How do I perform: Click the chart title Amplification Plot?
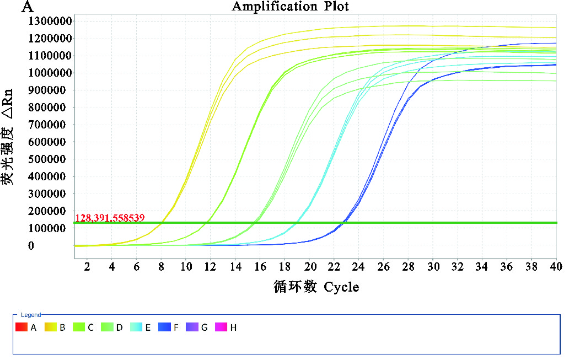tap(290, 7)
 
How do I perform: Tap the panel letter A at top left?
tap(27, 7)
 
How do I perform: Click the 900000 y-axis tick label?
tap(49, 90)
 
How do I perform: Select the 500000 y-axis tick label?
tap(49, 159)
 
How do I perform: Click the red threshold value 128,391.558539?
tap(110, 218)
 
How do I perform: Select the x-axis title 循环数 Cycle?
tap(316, 287)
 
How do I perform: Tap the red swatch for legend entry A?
tap(21, 327)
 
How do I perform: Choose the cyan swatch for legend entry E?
tap(136, 327)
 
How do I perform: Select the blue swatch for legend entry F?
tap(165, 327)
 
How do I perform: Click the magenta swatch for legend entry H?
tap(222, 327)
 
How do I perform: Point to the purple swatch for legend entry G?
tap(193, 327)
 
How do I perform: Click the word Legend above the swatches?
tap(31, 315)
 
